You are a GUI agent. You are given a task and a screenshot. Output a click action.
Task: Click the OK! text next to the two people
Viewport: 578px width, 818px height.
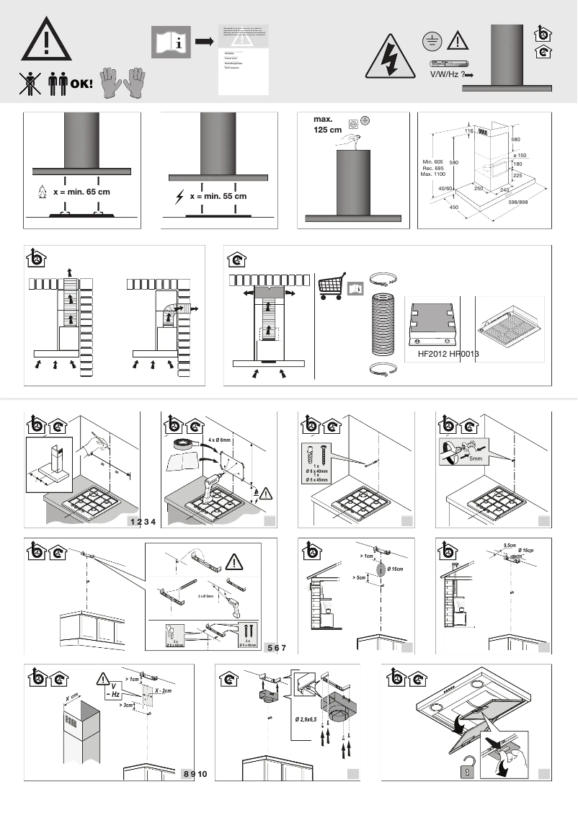click(x=81, y=84)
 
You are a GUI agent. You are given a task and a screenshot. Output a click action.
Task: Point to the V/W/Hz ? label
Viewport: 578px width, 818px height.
click(x=445, y=74)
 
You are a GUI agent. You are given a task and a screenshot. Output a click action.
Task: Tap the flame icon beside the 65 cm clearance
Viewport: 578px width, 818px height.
click(x=42, y=193)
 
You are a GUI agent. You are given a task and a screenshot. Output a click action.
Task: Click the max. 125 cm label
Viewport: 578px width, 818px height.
click(x=327, y=125)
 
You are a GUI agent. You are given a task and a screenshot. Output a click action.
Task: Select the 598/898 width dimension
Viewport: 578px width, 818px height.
click(x=523, y=203)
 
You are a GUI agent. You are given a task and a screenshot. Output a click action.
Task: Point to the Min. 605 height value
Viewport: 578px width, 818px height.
click(x=433, y=161)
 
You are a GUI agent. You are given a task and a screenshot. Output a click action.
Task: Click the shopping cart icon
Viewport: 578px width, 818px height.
click(x=332, y=285)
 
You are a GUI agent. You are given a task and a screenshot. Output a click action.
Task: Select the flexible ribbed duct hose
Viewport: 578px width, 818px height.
click(x=383, y=326)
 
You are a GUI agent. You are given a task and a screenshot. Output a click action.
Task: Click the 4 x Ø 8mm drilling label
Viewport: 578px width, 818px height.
click(x=219, y=440)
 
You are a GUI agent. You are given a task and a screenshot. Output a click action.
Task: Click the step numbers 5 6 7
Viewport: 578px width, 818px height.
click(x=277, y=648)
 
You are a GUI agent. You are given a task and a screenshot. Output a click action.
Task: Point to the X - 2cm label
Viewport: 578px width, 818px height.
click(x=162, y=691)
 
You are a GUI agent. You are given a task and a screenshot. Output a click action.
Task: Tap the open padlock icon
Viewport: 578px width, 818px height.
click(x=465, y=771)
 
